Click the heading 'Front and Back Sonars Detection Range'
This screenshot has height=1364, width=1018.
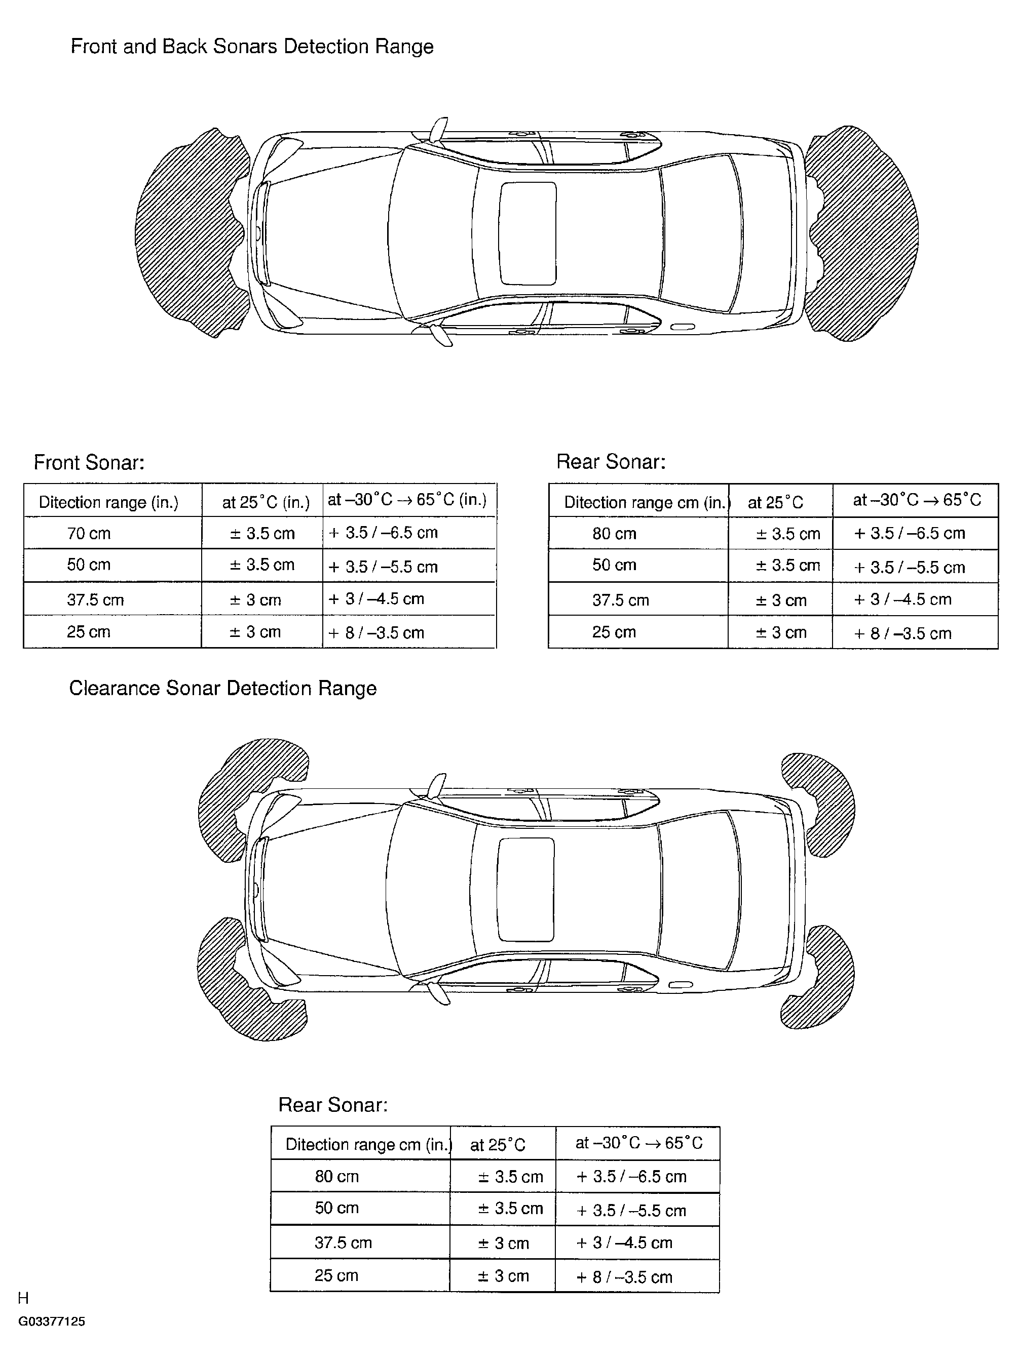pyautogui.click(x=252, y=47)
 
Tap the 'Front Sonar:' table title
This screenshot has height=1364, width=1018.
pyautogui.click(x=89, y=462)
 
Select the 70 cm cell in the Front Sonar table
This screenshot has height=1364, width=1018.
pyautogui.click(x=89, y=533)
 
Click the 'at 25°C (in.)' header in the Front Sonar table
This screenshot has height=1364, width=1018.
pyautogui.click(x=266, y=502)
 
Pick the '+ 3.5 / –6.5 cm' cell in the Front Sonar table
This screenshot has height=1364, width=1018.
pyautogui.click(x=383, y=533)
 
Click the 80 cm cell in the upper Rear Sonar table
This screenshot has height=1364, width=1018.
pyautogui.click(x=614, y=534)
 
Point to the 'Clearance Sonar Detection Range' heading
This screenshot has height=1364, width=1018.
pyautogui.click(x=222, y=689)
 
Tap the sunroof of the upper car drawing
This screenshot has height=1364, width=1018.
pyautogui.click(x=527, y=233)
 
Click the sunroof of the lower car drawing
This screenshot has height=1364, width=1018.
pyautogui.click(x=525, y=889)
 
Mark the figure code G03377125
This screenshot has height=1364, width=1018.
pyautogui.click(x=52, y=1321)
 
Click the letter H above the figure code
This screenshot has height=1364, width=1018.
pyautogui.click(x=23, y=1298)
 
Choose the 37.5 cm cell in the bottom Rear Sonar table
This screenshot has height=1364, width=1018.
pyautogui.click(x=343, y=1242)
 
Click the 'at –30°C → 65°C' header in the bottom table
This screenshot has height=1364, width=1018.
pyautogui.click(x=638, y=1143)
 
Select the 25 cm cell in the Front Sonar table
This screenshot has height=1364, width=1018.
pyautogui.click(x=89, y=632)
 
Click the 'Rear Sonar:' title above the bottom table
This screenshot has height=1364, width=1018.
pyautogui.click(x=333, y=1105)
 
